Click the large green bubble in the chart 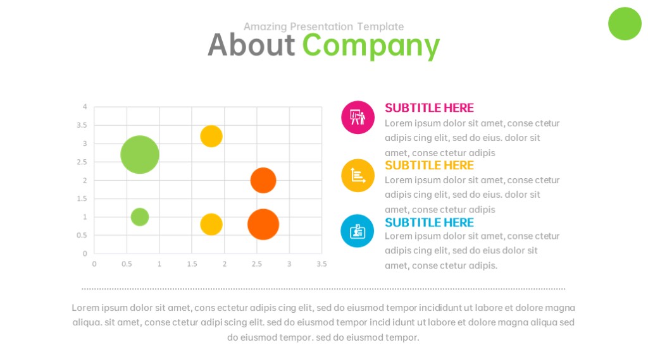click(140, 154)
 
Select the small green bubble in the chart click(140, 217)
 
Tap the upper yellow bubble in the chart click(211, 136)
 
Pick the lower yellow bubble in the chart click(211, 224)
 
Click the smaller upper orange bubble click(263, 180)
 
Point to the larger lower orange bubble click(263, 224)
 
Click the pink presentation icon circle click(358, 117)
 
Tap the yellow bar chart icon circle click(358, 176)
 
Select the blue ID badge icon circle click(358, 231)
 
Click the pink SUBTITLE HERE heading click(429, 107)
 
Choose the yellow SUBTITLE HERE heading click(429, 165)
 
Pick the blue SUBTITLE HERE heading click(429, 222)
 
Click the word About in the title click(251, 45)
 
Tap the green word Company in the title click(371, 46)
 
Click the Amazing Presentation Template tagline click(323, 27)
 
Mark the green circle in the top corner click(625, 23)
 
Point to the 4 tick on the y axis click(85, 106)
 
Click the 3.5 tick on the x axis click(321, 264)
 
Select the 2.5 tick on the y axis click(82, 162)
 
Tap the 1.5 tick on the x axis click(192, 264)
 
